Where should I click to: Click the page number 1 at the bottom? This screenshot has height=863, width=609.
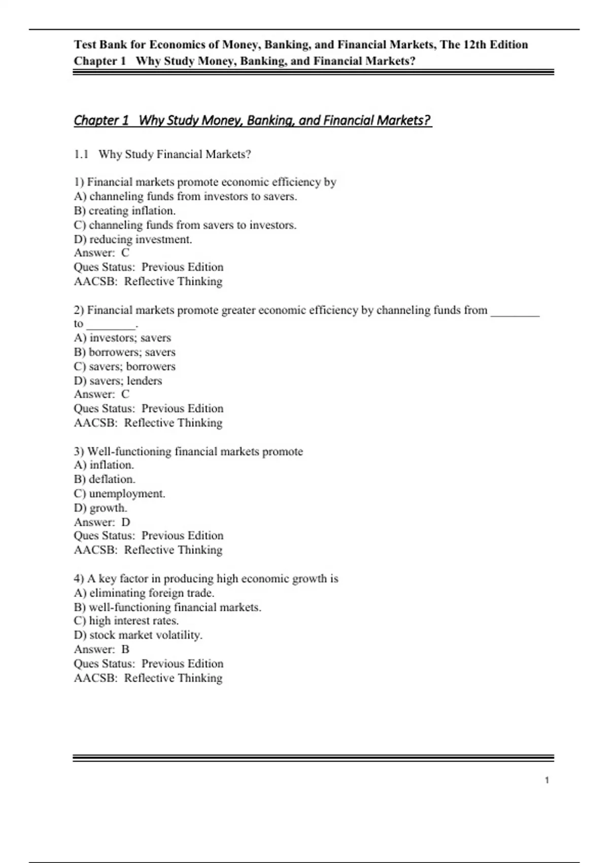click(547, 780)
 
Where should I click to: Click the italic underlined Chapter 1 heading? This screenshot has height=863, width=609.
click(252, 120)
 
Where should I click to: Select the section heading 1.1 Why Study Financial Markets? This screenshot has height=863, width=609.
click(162, 154)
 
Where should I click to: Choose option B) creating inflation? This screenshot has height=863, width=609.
click(125, 211)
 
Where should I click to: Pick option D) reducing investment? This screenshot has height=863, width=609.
click(133, 239)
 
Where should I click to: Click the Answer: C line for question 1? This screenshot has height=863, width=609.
click(101, 253)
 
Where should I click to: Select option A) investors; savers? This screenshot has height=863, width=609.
click(122, 338)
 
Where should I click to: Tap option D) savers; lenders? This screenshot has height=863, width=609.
click(118, 381)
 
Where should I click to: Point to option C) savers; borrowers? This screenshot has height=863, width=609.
click(125, 367)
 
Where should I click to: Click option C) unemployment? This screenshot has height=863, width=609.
click(120, 493)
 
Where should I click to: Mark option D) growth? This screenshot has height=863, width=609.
click(100, 508)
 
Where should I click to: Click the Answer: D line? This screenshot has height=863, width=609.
click(102, 522)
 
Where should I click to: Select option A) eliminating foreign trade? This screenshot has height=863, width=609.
click(144, 593)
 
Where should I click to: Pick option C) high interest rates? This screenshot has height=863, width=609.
click(126, 621)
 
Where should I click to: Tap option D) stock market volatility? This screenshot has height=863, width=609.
click(138, 635)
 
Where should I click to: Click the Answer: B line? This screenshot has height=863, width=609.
click(101, 649)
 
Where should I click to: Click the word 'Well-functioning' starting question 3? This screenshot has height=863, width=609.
click(129, 451)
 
